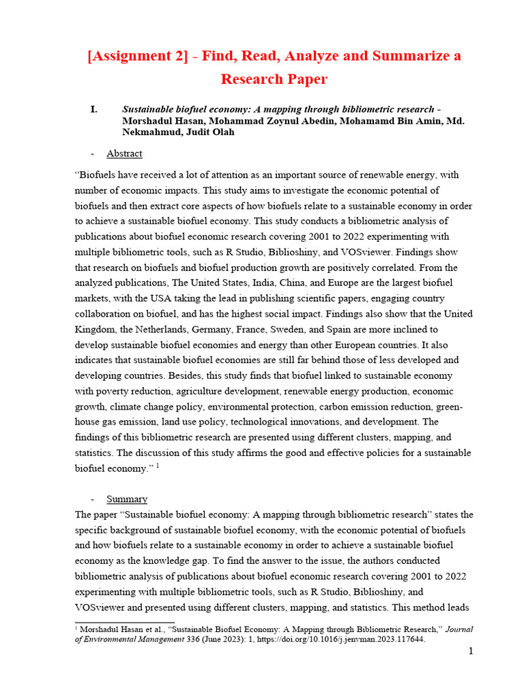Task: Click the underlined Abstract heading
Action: coord(124,154)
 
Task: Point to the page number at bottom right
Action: coord(471,652)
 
